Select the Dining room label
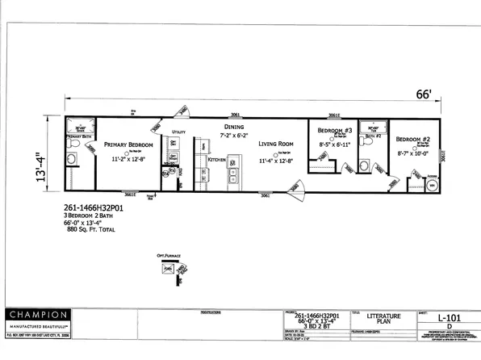coord(234,127)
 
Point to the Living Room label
coord(276,144)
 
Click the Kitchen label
coord(217,159)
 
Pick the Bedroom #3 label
coord(334,131)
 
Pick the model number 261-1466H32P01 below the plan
coord(93,205)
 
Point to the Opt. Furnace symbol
coord(168,269)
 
